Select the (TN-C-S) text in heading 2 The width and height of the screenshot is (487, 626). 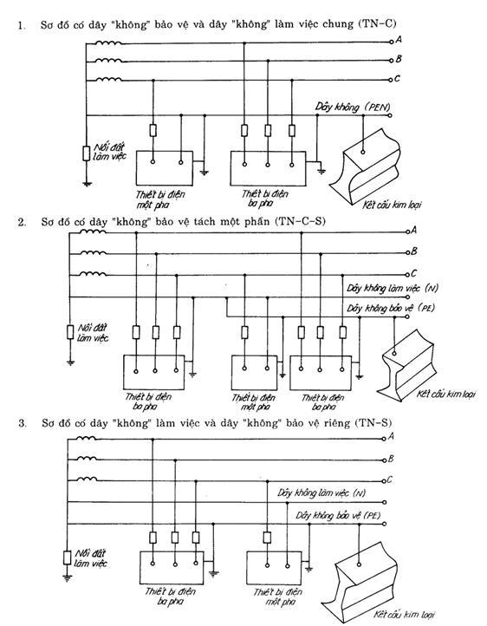pos(300,221)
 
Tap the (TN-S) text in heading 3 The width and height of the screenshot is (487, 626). pos(373,423)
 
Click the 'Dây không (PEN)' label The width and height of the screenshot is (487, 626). pos(352,107)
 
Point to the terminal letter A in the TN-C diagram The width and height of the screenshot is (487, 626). pos(398,40)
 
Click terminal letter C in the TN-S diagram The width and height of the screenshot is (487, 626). pos(389,479)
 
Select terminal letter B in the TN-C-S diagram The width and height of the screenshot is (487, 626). pos(413,251)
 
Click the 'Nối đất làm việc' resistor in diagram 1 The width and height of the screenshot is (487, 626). pos(86,153)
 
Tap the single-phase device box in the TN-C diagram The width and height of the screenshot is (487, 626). pos(165,168)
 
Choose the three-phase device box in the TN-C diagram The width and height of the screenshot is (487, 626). pos(269,168)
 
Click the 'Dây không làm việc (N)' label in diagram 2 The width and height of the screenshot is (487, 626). pos(392,288)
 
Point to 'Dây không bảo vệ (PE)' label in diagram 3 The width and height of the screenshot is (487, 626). pos(338,515)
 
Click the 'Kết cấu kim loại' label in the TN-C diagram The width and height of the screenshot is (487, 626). pos(392,205)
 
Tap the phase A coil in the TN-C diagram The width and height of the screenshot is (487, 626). pos(108,42)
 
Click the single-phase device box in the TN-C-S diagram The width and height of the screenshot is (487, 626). pos(254,373)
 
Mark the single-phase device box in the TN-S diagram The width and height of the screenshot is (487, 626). pos(274,569)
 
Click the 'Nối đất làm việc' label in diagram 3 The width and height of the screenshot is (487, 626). pos(90,558)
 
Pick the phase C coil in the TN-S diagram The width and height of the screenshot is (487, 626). pos(87,479)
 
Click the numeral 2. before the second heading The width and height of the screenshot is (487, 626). pos(22,222)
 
